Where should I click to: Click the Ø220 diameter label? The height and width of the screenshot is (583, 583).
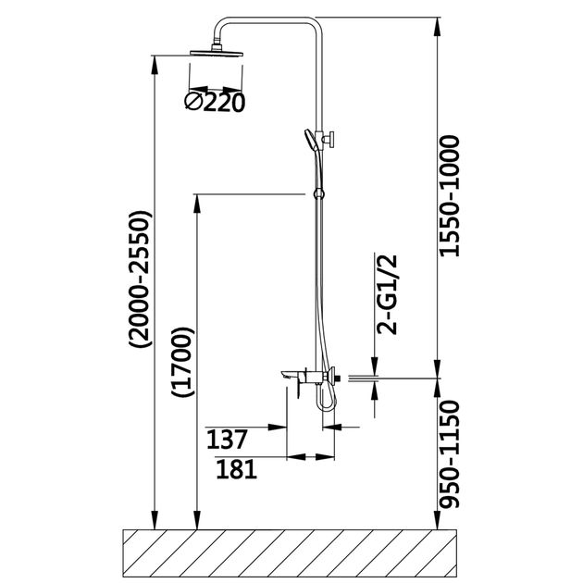(x=216, y=102)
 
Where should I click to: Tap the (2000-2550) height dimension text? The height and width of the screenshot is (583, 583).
(x=142, y=281)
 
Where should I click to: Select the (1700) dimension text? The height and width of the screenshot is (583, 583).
(x=184, y=362)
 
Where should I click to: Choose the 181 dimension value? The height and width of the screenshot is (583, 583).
(x=235, y=469)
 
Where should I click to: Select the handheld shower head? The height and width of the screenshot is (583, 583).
(x=309, y=140)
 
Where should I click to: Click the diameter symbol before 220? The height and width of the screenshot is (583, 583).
(x=195, y=102)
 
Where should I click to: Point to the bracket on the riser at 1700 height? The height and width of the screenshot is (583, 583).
(x=319, y=194)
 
